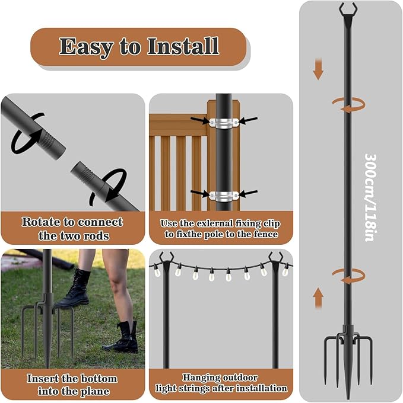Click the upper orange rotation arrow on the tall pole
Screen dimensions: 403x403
tap(347, 104)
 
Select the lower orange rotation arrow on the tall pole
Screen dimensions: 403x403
tap(347, 274)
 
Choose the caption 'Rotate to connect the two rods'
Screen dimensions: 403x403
tap(72, 228)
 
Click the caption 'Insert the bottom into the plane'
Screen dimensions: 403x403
tap(72, 385)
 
